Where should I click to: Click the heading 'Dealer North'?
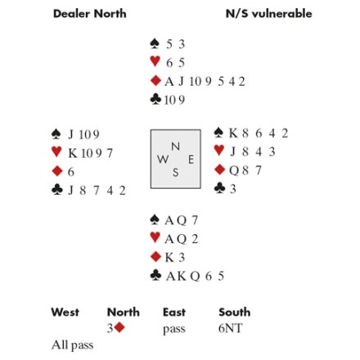pos(90,14)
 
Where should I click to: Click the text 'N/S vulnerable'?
pos(269,14)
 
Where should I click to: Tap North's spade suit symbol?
pos(155,43)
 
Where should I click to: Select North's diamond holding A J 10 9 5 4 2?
pos(205,82)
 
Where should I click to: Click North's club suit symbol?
pos(155,100)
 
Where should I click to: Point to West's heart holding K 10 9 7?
pos(90,153)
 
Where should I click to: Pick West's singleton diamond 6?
pos(71,172)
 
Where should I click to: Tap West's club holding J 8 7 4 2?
pos(97,191)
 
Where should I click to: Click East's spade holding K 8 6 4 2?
pos(259,133)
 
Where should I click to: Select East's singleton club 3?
pos(233,189)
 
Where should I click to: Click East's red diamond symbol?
pos(219,169)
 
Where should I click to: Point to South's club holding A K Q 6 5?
pos(195,277)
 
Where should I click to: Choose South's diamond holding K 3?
pos(175,258)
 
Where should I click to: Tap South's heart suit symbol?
pos(155,237)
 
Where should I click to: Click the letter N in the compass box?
pos(175,146)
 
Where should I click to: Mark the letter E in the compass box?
pos(191,160)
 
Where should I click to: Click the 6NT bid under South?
pos(231,328)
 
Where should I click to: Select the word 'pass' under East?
pos(174,330)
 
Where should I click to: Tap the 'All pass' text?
pos(73,345)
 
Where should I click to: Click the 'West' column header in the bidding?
pos(65,313)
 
